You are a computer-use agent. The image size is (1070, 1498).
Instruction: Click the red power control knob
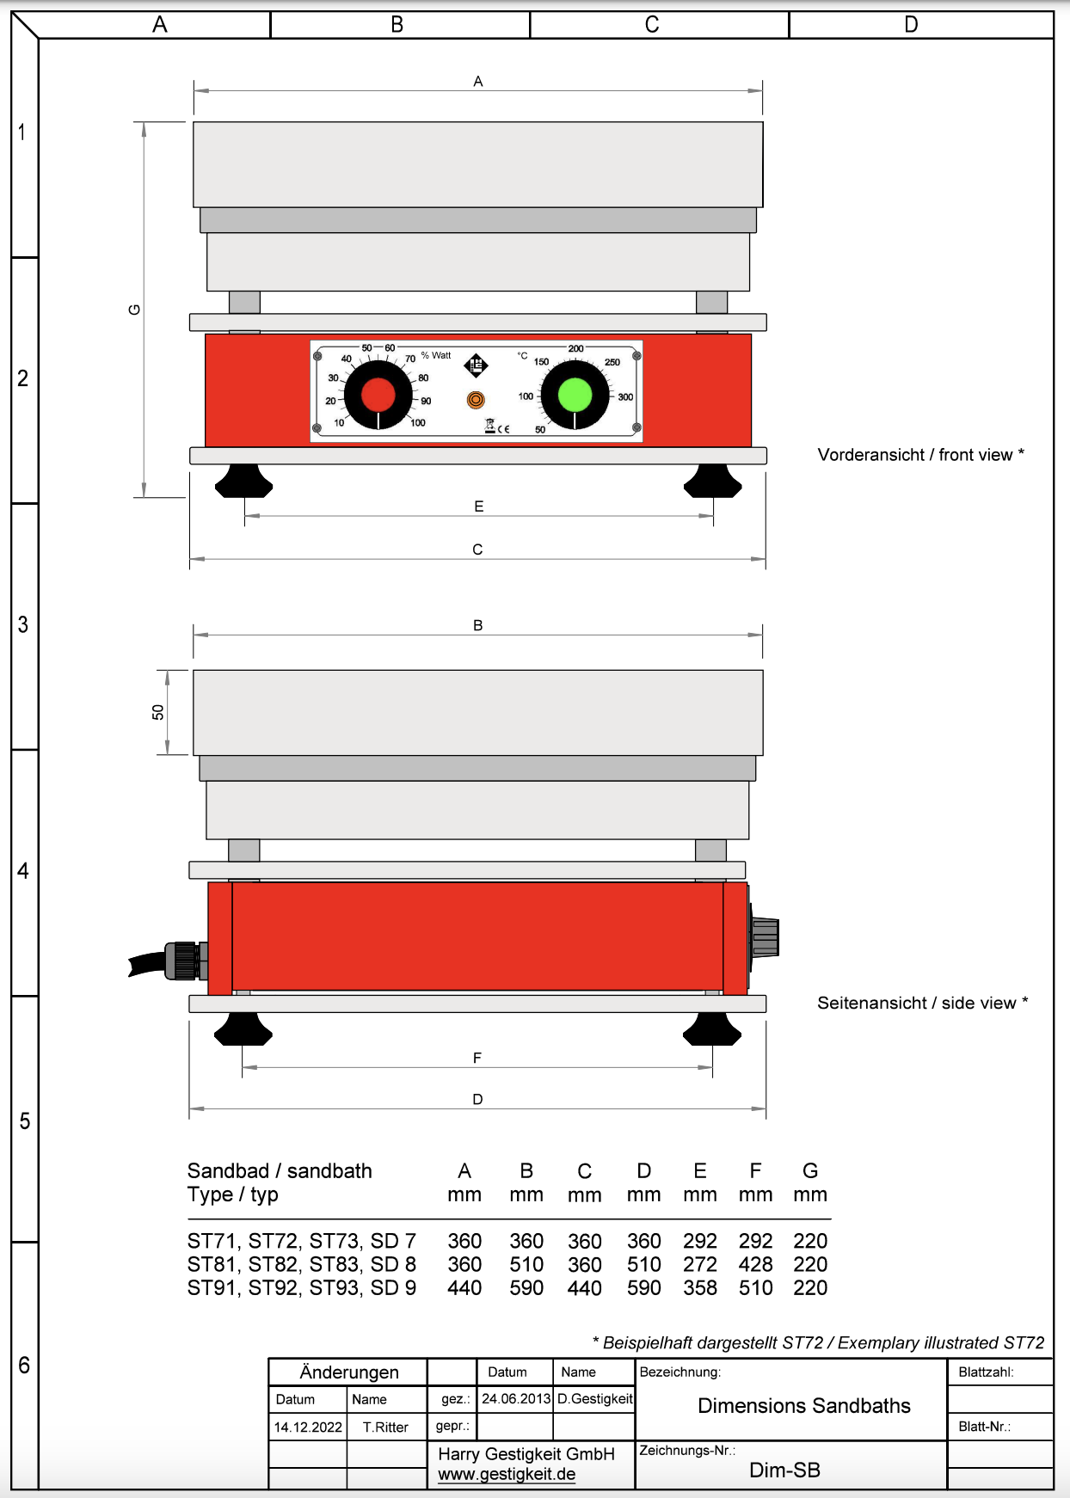click(x=378, y=395)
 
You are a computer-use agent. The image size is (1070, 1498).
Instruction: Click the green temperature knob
click(x=575, y=395)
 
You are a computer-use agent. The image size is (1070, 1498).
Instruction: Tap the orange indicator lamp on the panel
click(x=476, y=400)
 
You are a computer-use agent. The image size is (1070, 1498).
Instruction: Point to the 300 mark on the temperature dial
click(x=625, y=397)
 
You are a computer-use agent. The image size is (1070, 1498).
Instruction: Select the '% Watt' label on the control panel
click(x=436, y=355)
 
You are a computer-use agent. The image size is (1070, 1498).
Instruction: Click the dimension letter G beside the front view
click(x=134, y=310)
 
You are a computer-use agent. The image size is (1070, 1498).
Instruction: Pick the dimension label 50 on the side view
click(x=158, y=712)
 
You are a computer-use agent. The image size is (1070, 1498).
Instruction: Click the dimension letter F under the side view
click(x=477, y=1058)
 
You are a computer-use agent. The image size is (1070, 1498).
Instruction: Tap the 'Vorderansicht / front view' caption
click(x=920, y=455)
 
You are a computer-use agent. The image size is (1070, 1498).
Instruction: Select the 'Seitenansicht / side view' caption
click(x=922, y=1003)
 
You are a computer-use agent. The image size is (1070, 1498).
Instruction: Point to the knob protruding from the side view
click(x=765, y=937)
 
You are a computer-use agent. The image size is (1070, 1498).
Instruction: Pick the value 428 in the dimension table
click(x=755, y=1264)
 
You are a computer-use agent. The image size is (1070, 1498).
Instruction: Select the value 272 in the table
click(x=700, y=1264)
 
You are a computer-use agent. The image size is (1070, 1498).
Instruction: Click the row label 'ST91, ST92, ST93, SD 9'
click(x=302, y=1288)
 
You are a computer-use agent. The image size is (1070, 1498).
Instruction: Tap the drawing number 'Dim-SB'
click(x=784, y=1470)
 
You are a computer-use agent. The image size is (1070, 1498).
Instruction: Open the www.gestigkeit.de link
click(x=507, y=1474)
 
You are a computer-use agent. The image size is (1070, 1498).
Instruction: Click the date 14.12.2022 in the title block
click(x=308, y=1427)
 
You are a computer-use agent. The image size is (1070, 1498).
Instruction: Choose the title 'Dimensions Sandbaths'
click(x=804, y=1405)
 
